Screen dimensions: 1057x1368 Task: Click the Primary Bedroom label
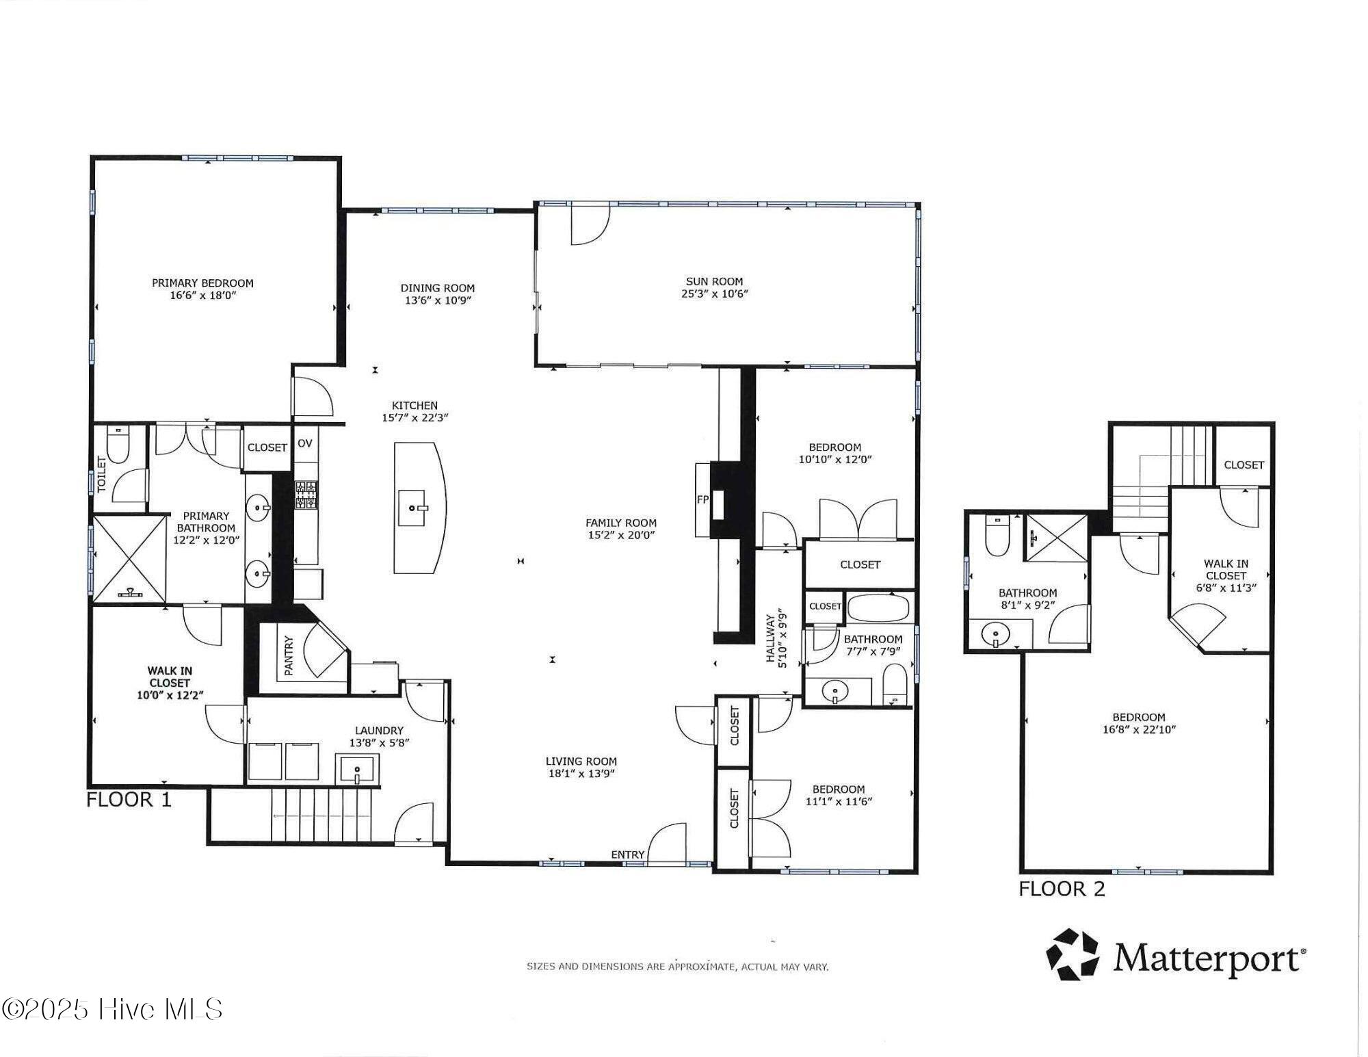coord(202,283)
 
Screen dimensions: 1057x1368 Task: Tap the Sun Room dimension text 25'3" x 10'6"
coord(714,294)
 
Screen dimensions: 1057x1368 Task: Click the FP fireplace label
coord(702,499)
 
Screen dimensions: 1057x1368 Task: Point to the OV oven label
coord(305,443)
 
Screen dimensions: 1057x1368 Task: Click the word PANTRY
coord(288,655)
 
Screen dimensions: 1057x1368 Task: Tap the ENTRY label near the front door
coord(627,854)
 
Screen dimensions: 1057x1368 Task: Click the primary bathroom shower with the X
coord(129,558)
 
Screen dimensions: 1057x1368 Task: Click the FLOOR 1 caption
coord(129,799)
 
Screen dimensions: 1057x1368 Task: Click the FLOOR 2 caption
coord(1062,889)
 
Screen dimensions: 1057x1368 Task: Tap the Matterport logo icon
coord(1072,954)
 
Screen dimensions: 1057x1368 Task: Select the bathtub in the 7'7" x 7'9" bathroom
coord(878,608)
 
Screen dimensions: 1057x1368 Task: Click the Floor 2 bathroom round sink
coord(995,636)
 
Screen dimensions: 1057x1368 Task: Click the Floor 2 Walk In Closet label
coord(1226,569)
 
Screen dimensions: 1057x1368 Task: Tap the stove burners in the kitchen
coord(306,494)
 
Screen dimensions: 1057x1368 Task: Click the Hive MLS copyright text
coord(113,1009)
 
